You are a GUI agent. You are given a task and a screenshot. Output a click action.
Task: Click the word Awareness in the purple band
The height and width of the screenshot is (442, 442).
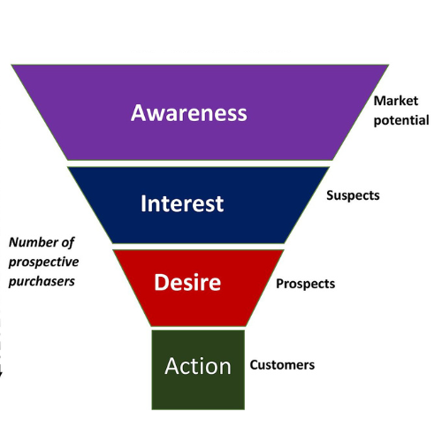pos(189,113)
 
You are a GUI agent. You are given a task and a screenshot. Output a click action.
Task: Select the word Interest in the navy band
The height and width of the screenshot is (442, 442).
pos(182,203)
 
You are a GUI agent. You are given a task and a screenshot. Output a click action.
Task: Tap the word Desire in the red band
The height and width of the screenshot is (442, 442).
pos(187,282)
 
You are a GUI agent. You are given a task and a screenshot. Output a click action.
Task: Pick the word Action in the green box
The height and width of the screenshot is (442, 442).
pos(198,366)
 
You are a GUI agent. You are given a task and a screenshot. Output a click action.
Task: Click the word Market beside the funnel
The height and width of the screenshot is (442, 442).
pos(396,101)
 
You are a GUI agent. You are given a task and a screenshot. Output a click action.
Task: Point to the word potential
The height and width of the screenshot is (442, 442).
pos(401,121)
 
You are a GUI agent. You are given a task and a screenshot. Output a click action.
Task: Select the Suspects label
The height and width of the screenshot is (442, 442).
pos(353,195)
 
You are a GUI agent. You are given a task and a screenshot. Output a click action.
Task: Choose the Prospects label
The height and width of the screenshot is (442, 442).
pos(305,284)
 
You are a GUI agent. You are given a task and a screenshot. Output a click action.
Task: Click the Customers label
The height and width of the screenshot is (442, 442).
pos(282,365)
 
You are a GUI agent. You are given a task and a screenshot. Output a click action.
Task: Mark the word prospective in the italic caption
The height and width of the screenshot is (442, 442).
pos(43,263)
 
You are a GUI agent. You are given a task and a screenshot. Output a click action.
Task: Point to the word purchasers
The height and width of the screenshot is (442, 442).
pos(42,281)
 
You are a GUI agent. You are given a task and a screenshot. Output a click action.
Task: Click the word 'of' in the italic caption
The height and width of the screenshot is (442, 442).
pos(68,243)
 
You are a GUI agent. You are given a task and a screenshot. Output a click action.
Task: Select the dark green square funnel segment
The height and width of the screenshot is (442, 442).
pos(198,370)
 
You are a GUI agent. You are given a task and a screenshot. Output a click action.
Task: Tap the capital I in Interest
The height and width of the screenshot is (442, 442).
pos(143,203)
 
